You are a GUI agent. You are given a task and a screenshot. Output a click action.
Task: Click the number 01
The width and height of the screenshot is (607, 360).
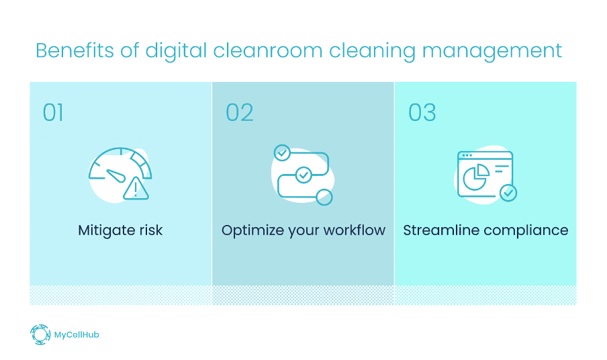[53, 112]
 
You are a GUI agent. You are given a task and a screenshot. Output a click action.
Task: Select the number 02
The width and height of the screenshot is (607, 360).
[239, 112]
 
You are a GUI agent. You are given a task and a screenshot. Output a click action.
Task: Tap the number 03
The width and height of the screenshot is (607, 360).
[422, 112]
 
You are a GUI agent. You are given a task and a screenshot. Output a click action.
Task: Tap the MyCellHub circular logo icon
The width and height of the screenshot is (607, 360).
[40, 334]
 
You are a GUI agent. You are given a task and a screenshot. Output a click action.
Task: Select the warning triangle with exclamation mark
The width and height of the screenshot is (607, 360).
[136, 189]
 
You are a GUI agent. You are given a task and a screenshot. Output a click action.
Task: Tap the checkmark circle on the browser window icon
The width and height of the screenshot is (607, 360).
[508, 193]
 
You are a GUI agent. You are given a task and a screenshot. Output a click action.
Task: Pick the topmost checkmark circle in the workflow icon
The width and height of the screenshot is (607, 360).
[282, 152]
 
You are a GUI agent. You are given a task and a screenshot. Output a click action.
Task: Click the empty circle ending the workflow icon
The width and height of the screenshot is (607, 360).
[324, 196]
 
